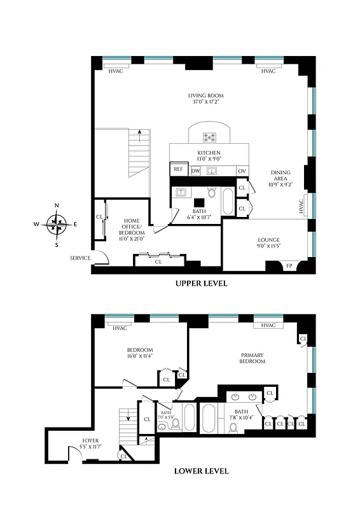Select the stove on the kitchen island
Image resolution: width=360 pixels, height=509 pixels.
point(209,136)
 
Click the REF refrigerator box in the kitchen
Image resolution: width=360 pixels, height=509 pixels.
point(177,170)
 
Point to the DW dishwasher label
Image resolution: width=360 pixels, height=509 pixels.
point(196,171)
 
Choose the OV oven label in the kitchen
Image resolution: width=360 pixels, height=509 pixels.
point(242,171)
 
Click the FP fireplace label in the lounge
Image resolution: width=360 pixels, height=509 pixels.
point(289,265)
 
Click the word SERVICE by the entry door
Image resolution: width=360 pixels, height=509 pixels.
point(80,258)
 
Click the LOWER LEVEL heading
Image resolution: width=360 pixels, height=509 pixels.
point(201,471)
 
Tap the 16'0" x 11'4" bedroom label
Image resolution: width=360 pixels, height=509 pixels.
point(139,353)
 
